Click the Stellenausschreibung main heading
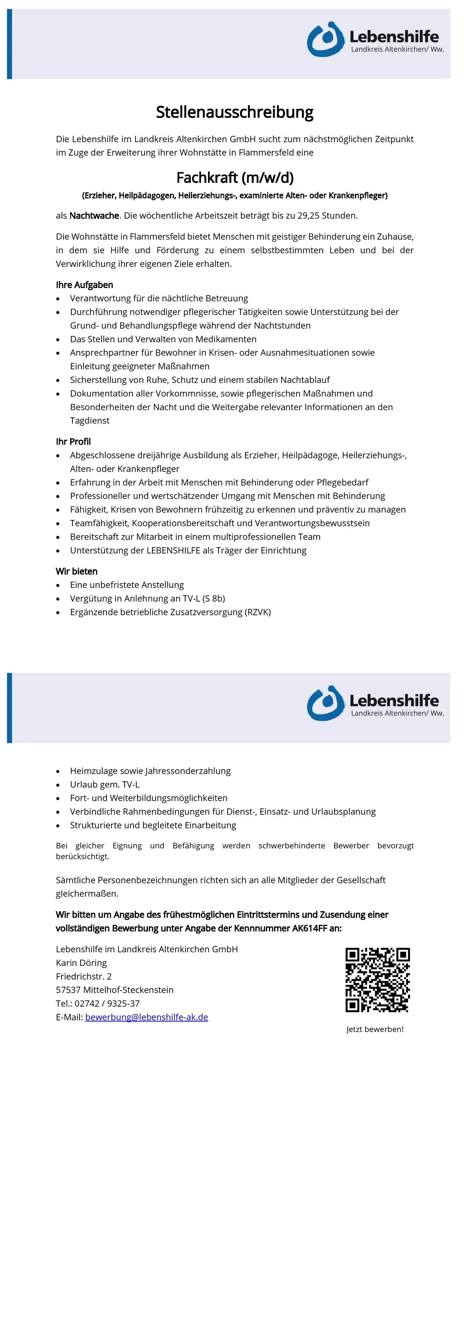click(x=235, y=112)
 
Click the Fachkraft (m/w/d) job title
click(x=235, y=178)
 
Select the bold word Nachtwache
click(x=94, y=216)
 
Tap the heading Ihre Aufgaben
click(x=84, y=285)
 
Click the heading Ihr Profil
click(x=73, y=441)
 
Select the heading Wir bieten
click(x=76, y=571)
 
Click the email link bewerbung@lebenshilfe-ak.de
click(x=146, y=1017)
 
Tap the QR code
click(x=377, y=980)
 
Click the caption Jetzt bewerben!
click(x=375, y=1029)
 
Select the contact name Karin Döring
click(x=81, y=962)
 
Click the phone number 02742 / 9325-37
click(x=107, y=1003)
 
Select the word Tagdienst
click(x=90, y=421)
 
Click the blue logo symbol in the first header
click(x=325, y=40)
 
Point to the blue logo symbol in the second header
click(x=325, y=704)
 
